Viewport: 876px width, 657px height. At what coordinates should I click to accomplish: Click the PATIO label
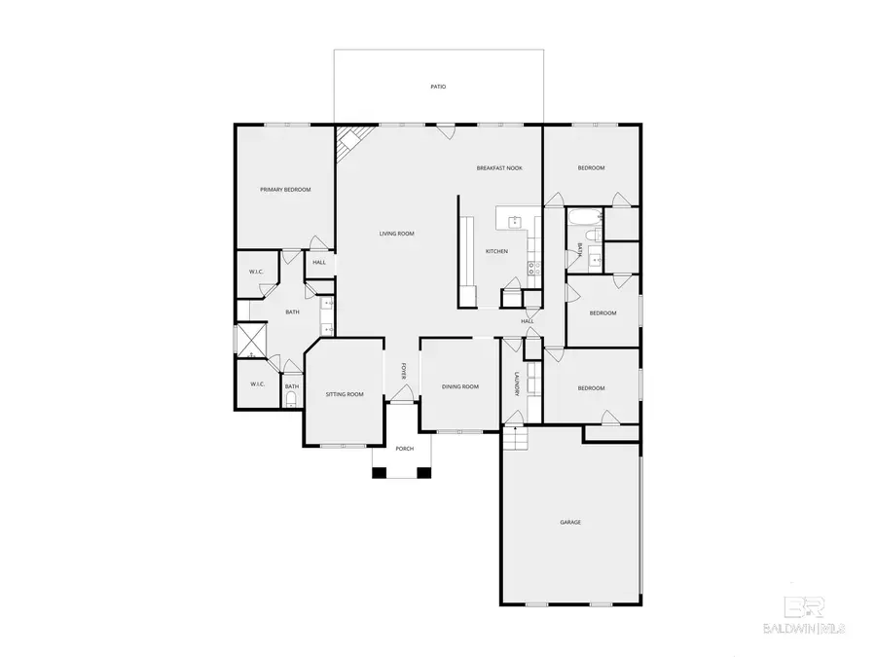(439, 87)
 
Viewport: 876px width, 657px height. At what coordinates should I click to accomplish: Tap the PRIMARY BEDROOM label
(285, 190)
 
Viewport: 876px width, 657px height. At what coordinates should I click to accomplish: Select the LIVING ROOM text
(397, 234)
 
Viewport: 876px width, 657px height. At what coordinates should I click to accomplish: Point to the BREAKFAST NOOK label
(499, 167)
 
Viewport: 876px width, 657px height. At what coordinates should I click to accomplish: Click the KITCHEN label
(496, 251)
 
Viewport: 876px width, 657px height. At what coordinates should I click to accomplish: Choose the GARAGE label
(570, 523)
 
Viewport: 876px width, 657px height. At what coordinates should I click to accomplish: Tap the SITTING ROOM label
(345, 394)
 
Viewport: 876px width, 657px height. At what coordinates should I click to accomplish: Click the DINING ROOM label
(460, 386)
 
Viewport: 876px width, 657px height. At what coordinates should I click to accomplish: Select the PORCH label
(405, 449)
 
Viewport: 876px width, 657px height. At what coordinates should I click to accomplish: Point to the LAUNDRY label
(518, 384)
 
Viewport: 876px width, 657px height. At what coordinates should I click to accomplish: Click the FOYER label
(403, 372)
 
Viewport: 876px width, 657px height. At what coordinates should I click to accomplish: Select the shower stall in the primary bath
(251, 341)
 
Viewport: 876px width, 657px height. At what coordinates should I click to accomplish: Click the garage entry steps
(516, 438)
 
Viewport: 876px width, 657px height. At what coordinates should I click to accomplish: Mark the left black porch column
(380, 473)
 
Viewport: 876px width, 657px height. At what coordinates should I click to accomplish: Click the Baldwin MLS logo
(804, 615)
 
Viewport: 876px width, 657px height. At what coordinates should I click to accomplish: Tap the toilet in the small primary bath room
(290, 399)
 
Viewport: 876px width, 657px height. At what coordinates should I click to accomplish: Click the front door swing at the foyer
(402, 393)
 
